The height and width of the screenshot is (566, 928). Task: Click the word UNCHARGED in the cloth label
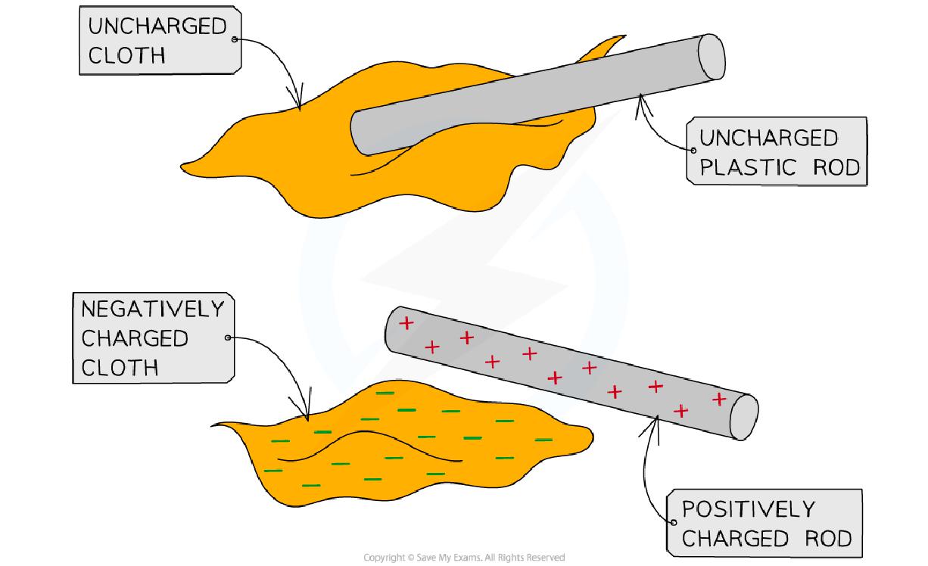click(x=157, y=27)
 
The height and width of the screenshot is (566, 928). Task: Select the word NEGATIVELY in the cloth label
click(x=153, y=309)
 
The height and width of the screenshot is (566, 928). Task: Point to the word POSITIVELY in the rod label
click(x=737, y=509)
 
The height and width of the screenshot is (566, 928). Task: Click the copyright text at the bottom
click(x=464, y=558)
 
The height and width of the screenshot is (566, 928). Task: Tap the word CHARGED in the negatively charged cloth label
click(x=135, y=338)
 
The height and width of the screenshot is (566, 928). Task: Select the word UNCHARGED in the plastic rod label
click(x=768, y=138)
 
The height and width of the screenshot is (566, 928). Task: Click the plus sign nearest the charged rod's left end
click(x=406, y=324)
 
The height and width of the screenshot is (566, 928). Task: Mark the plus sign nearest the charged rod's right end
click(x=718, y=398)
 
